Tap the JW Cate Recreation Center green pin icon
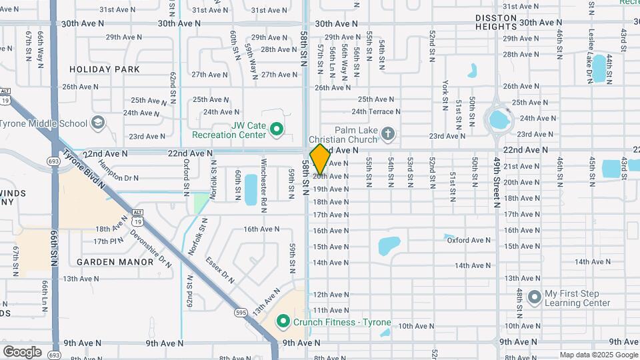click(278, 129)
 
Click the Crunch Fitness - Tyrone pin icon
click(283, 323)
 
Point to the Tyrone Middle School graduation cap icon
click(98, 123)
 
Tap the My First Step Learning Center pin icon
click(533, 297)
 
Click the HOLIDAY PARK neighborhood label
click(105, 69)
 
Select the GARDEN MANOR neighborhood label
click(115, 262)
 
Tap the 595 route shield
click(241, 312)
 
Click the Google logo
click(22, 351)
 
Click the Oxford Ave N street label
click(469, 240)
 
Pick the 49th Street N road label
click(497, 183)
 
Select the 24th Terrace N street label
click(376, 111)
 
